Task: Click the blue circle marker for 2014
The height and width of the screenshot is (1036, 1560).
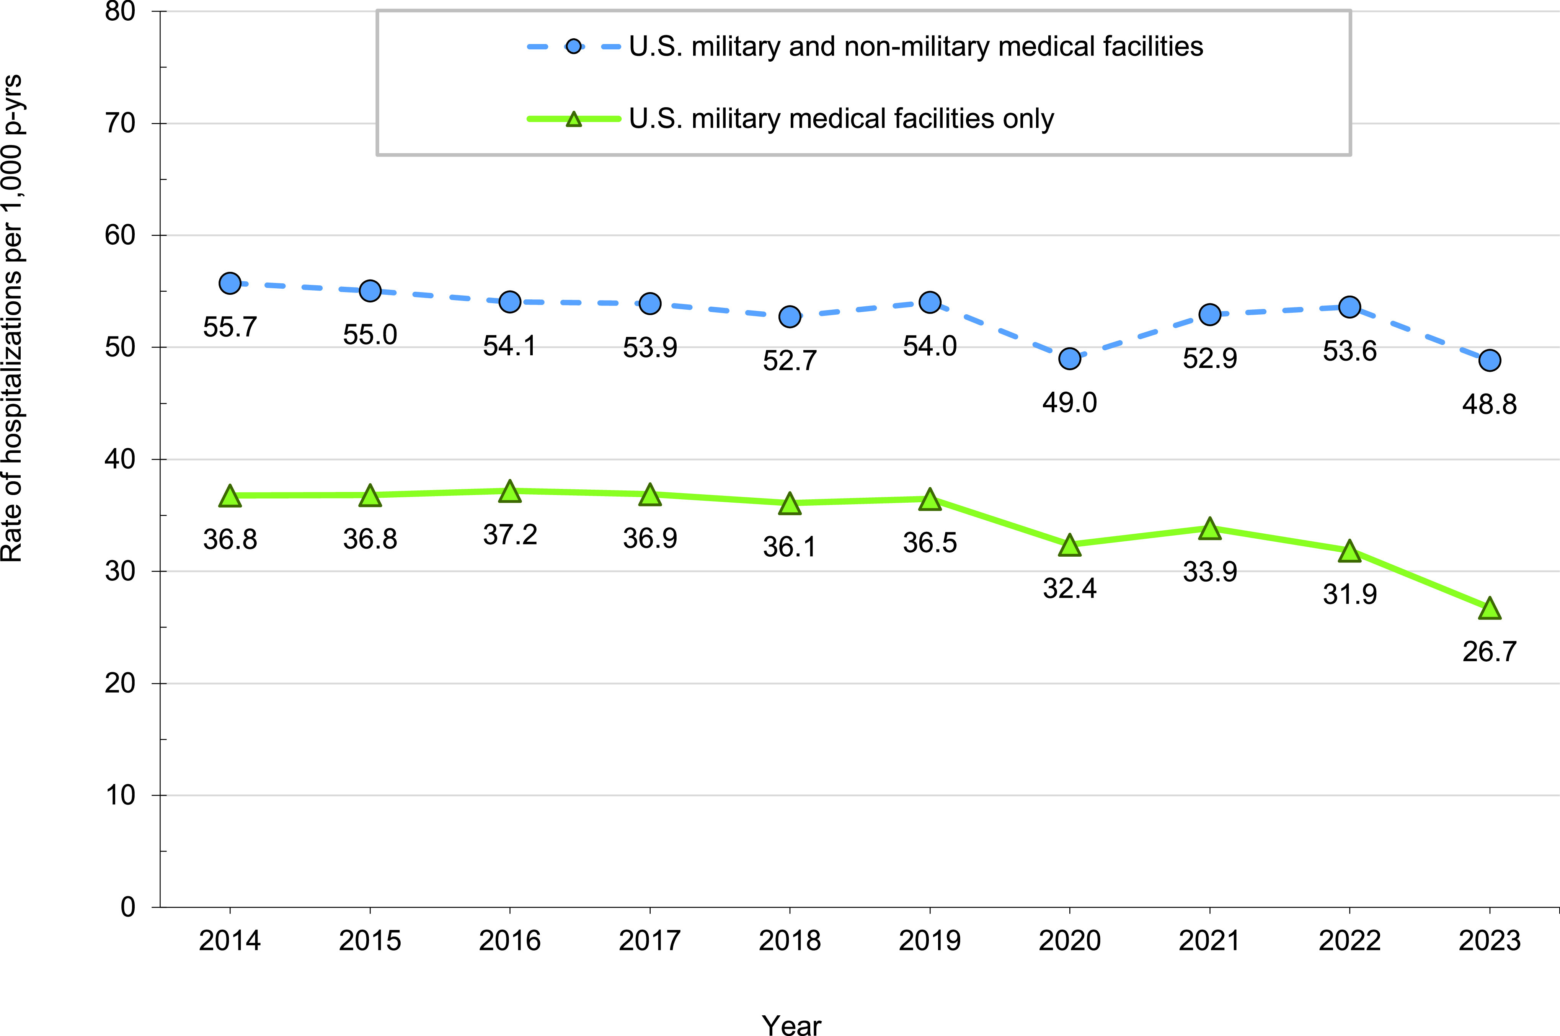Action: tap(230, 283)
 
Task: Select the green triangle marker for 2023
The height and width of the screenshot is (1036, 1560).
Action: tap(1489, 608)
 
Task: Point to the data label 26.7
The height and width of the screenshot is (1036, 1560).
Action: tap(1489, 652)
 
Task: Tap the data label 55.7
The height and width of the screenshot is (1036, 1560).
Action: tap(230, 327)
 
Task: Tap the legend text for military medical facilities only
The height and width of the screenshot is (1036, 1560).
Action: tap(841, 119)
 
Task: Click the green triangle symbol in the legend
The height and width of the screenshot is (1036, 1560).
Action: tap(574, 119)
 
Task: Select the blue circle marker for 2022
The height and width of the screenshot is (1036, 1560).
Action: tap(1349, 307)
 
